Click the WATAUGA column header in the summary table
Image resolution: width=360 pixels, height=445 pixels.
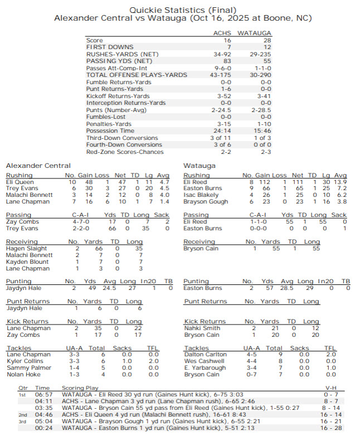(x=255, y=33)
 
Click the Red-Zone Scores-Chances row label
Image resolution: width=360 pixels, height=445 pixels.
(x=125, y=151)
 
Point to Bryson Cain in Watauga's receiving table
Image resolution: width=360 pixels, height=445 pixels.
(x=201, y=248)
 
